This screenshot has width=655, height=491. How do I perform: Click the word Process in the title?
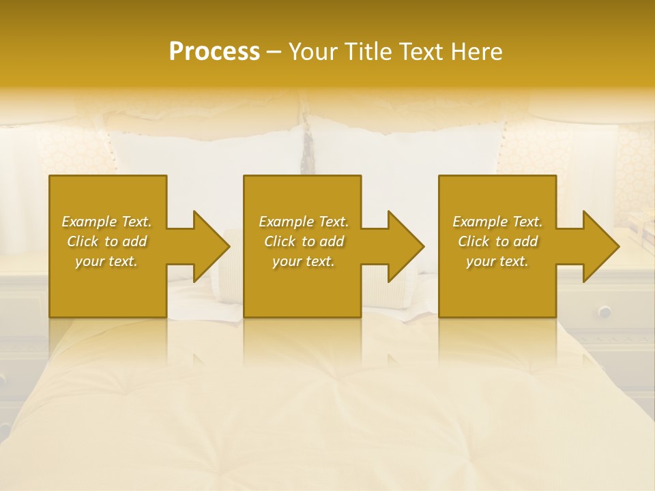click(214, 51)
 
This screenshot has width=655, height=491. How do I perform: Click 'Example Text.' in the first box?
click(106, 222)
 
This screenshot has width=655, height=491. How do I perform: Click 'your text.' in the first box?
click(106, 261)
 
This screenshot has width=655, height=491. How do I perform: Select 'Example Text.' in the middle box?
click(303, 222)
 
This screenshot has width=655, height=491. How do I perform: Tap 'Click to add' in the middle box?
click(303, 241)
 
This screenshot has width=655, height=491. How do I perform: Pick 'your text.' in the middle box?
click(303, 261)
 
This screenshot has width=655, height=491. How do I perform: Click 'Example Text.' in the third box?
click(497, 222)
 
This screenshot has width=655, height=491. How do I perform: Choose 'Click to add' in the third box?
click(497, 241)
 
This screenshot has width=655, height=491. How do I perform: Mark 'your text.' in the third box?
click(497, 261)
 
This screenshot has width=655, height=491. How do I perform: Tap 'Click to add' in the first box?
click(106, 241)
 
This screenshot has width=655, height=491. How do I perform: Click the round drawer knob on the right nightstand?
click(605, 311)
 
